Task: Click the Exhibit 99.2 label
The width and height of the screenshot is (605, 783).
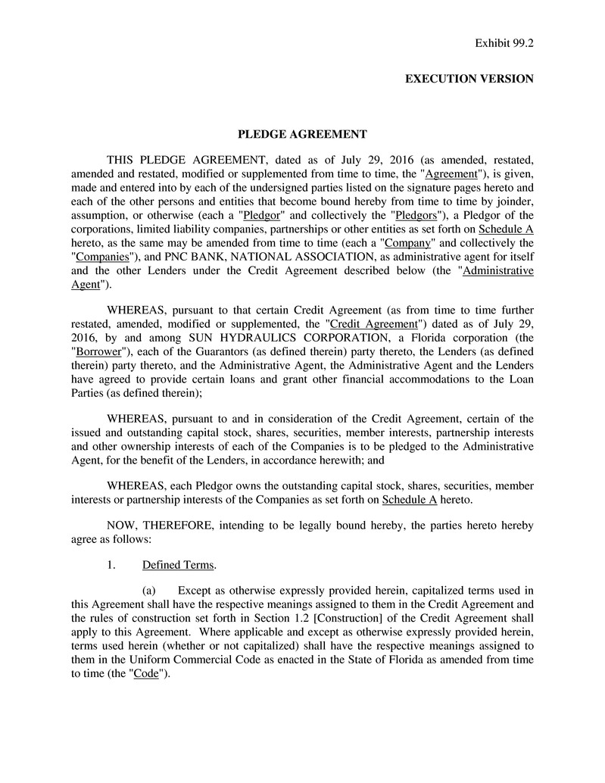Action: (504, 43)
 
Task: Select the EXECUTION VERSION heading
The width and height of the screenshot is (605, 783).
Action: (469, 79)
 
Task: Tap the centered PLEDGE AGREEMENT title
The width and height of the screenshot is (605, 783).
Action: (303, 134)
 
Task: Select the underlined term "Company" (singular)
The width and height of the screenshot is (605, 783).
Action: (408, 243)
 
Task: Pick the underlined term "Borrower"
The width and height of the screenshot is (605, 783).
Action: (98, 352)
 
